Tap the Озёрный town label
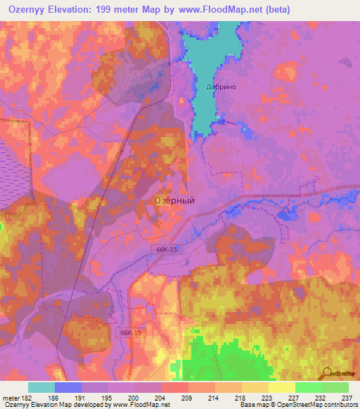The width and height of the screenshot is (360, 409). pyautogui.click(x=174, y=200)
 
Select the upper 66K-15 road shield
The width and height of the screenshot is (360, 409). pyautogui.click(x=166, y=249)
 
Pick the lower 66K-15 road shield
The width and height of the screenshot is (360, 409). pyautogui.click(x=131, y=332)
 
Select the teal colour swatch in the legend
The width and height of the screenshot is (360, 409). pyautogui.click(x=41, y=387)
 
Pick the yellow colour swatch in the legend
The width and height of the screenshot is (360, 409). pyautogui.click(x=281, y=387)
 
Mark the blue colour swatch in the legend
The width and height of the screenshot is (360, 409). pyautogui.click(x=67, y=387)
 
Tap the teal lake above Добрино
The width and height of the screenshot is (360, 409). pyautogui.click(x=208, y=56)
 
